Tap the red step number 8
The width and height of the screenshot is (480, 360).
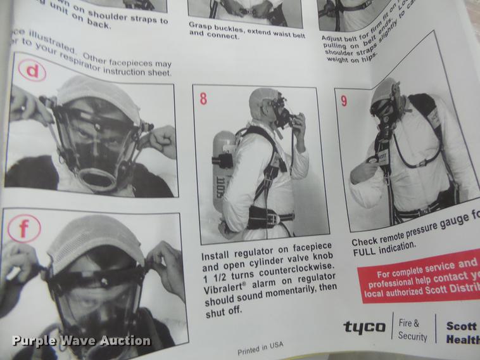203,99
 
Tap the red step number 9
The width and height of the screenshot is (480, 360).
344,100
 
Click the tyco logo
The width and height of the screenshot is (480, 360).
364,327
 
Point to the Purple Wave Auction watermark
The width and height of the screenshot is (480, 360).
82,341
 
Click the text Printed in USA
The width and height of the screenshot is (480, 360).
260,348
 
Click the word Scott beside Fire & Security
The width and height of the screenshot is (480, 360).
462,326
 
